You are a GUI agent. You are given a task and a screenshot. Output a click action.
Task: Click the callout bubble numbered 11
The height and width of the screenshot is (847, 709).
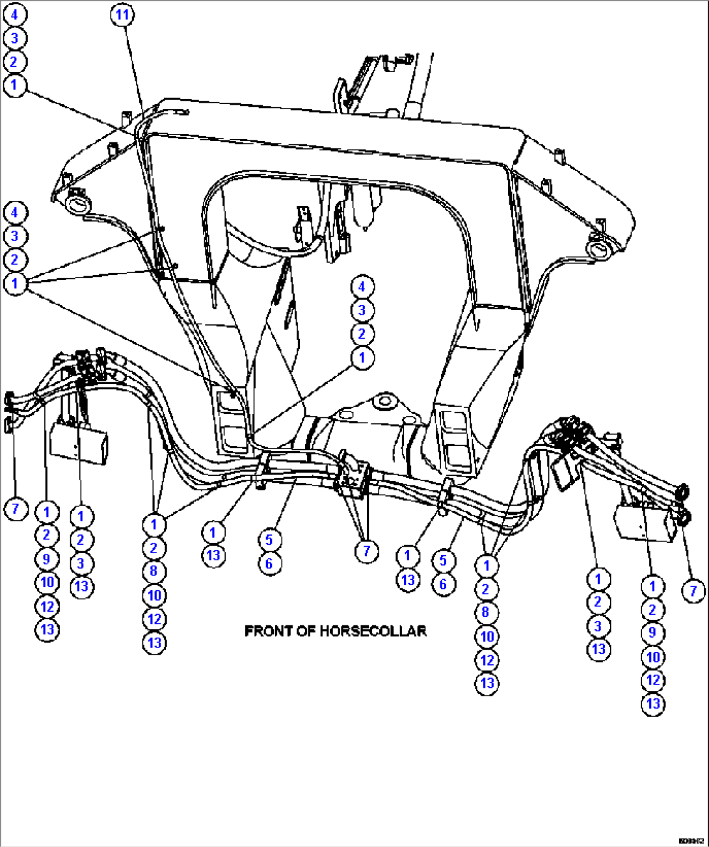pyautogui.click(x=122, y=14)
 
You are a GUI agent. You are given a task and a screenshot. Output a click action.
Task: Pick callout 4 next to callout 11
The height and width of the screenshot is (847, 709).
pyautogui.click(x=14, y=14)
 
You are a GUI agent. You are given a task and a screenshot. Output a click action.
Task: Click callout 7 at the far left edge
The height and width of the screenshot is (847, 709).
pyautogui.click(x=16, y=508)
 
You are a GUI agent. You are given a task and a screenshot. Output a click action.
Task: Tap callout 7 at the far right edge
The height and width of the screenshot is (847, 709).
pyautogui.click(x=693, y=591)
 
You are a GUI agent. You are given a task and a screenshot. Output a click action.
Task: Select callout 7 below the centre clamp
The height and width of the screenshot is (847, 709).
pyautogui.click(x=366, y=551)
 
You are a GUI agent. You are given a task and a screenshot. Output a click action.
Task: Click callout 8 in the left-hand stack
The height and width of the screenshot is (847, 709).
pyautogui.click(x=154, y=571)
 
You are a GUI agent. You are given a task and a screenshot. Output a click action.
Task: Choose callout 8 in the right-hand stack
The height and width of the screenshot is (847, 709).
pyautogui.click(x=487, y=612)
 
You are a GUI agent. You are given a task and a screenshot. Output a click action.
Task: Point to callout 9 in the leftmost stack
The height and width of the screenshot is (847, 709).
pyautogui.click(x=47, y=559)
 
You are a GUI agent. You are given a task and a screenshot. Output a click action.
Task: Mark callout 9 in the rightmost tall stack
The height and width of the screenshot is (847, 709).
pyautogui.click(x=652, y=633)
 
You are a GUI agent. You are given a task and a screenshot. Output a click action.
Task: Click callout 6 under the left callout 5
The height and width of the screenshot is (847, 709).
pyautogui.click(x=269, y=563)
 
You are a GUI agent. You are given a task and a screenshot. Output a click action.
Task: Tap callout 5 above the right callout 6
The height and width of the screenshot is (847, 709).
pyautogui.click(x=443, y=560)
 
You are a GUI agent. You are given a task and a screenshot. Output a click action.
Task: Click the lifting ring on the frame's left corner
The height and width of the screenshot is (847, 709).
pyautogui.click(x=77, y=203)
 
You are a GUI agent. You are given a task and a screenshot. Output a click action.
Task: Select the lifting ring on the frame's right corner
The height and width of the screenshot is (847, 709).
pyautogui.click(x=598, y=249)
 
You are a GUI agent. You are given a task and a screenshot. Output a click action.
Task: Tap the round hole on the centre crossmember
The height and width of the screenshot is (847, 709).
pyautogui.click(x=383, y=399)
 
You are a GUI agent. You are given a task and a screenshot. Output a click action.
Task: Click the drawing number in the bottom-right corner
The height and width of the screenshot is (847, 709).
pyautogui.click(x=690, y=840)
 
